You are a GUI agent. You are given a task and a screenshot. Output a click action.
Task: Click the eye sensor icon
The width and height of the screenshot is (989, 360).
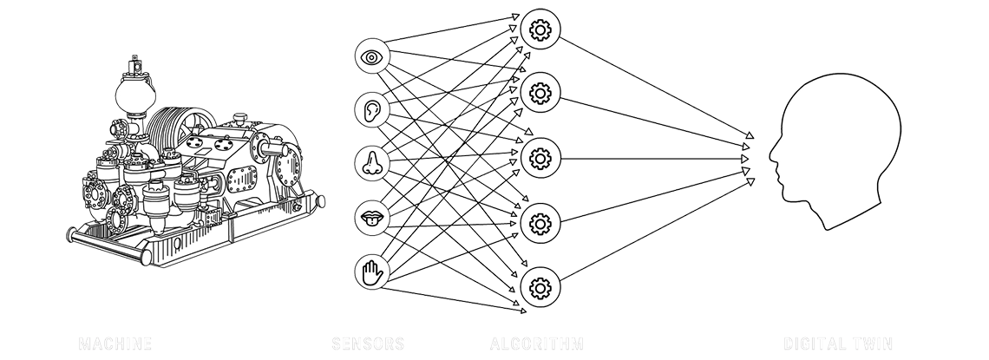tap(373, 57)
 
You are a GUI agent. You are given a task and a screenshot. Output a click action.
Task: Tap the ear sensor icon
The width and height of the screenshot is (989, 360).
tap(373, 109)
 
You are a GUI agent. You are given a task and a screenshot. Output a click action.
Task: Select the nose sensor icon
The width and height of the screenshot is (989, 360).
tap(373, 162)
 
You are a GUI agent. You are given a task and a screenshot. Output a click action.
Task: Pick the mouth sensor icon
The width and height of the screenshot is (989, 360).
tap(373, 218)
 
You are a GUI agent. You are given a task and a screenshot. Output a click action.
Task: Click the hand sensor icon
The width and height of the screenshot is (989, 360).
tap(373, 272)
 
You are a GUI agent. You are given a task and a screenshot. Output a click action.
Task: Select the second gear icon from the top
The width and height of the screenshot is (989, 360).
tap(540, 89)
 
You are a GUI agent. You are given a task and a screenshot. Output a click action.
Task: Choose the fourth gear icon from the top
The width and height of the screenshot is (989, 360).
tap(540, 223)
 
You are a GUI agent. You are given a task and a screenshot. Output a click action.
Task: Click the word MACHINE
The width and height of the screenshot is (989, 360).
tap(115, 344)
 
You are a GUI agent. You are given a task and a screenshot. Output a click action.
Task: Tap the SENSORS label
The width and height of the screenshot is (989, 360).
tap(368, 344)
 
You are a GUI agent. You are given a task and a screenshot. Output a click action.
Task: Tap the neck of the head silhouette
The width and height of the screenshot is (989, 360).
tap(846, 213)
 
